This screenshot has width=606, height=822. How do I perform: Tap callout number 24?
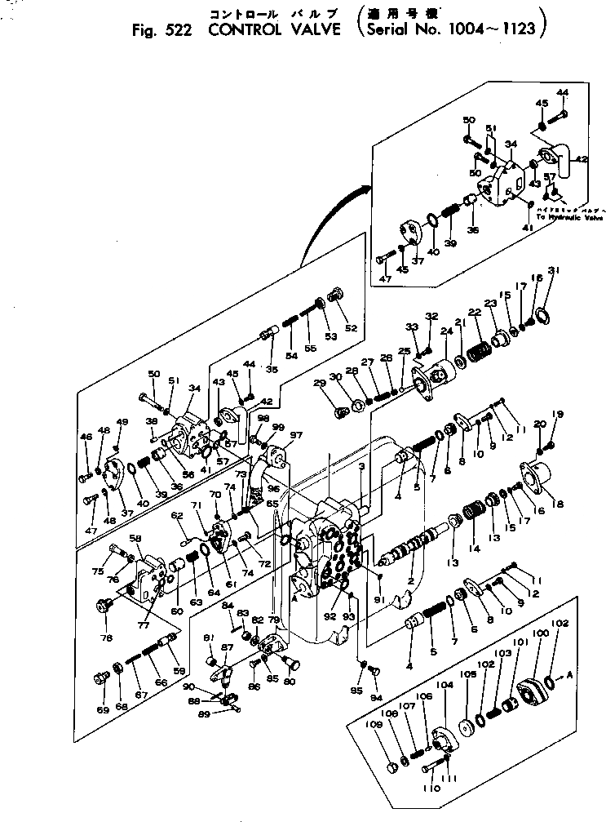[x=446, y=331]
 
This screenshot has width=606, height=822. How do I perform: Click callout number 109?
[x=391, y=725]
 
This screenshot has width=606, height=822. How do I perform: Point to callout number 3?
[x=361, y=466]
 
